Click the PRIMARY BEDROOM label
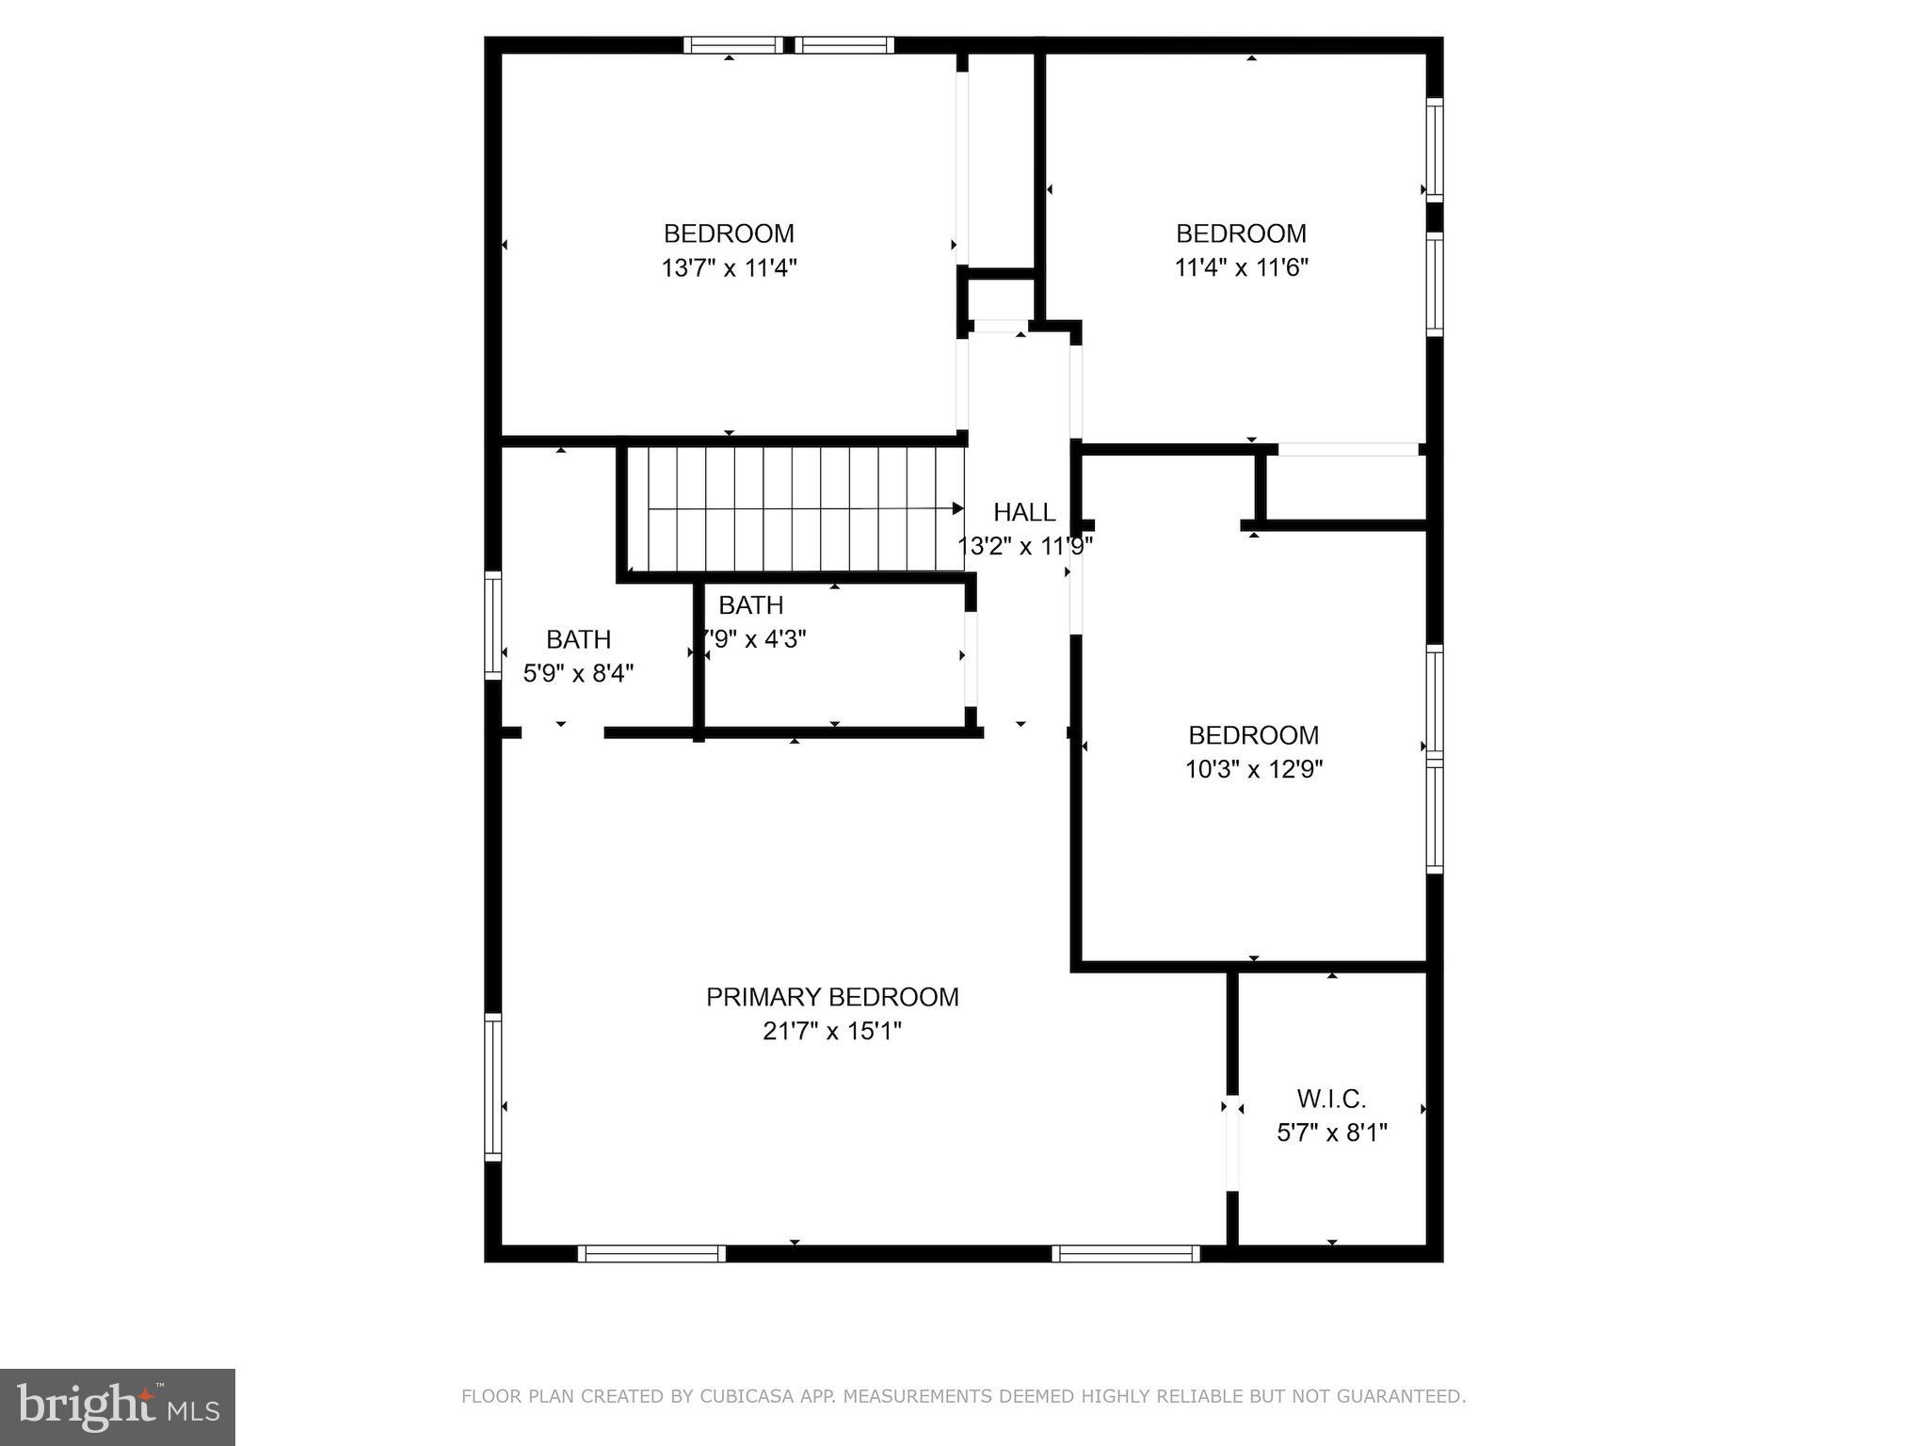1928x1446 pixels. (832, 997)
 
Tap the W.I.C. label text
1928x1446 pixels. (1331, 1099)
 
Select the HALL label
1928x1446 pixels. (1024, 512)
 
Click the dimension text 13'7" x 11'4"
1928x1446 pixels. (729, 268)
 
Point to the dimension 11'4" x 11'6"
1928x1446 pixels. (1241, 268)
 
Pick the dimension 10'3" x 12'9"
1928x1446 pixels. (1253, 770)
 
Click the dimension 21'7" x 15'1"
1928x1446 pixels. (832, 1032)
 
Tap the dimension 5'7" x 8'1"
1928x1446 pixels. (1331, 1133)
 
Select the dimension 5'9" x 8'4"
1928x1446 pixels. (578, 674)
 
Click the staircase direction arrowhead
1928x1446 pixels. (957, 508)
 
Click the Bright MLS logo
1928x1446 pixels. (118, 1406)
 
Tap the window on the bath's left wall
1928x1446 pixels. (493, 625)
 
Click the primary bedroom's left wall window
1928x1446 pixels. (493, 1086)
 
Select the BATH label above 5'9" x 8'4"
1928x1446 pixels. (578, 640)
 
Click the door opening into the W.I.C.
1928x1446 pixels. (1232, 1144)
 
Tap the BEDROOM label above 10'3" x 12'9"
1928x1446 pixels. (1253, 735)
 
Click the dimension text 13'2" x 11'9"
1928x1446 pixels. (1024, 547)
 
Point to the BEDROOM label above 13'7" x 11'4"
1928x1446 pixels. (729, 233)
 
